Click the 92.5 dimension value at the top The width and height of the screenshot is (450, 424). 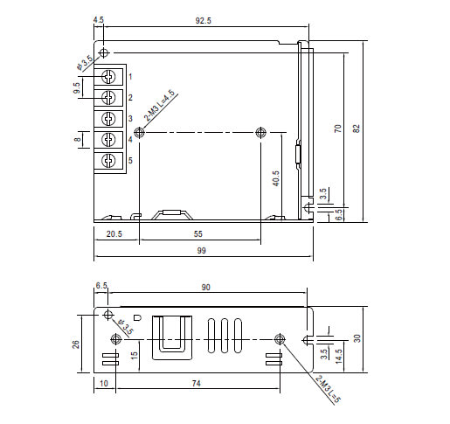203,21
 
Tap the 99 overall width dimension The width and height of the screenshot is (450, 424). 201,251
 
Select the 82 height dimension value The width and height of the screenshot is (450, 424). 357,129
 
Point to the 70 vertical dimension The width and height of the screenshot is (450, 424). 337,129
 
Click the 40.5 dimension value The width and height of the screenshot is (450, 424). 275,178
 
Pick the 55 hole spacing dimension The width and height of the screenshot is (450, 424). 197,234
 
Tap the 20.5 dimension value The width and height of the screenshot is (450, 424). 114,234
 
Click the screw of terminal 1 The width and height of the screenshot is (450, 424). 108,77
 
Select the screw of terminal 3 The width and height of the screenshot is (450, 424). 108,119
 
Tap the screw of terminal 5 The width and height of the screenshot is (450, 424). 108,160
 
